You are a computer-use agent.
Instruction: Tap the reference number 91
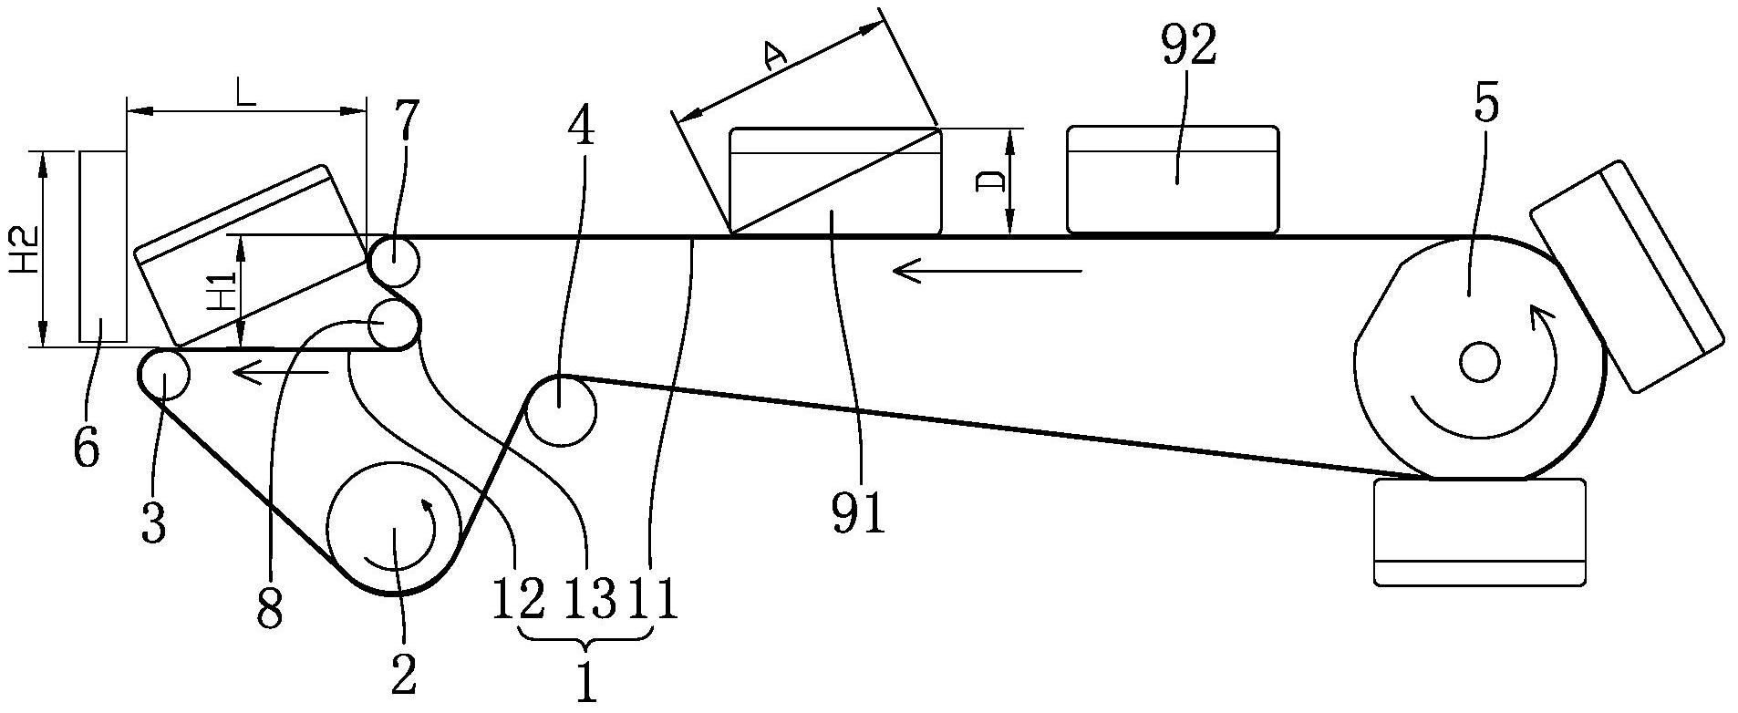coord(858,514)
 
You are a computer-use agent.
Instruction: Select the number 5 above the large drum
coord(1485,106)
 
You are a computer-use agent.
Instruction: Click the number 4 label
coord(581,123)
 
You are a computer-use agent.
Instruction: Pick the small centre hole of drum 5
coord(1478,362)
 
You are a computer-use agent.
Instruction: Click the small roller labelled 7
coord(394,262)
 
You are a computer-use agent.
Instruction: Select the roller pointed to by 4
coord(562,410)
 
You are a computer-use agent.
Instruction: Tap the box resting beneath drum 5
coord(1479,531)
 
